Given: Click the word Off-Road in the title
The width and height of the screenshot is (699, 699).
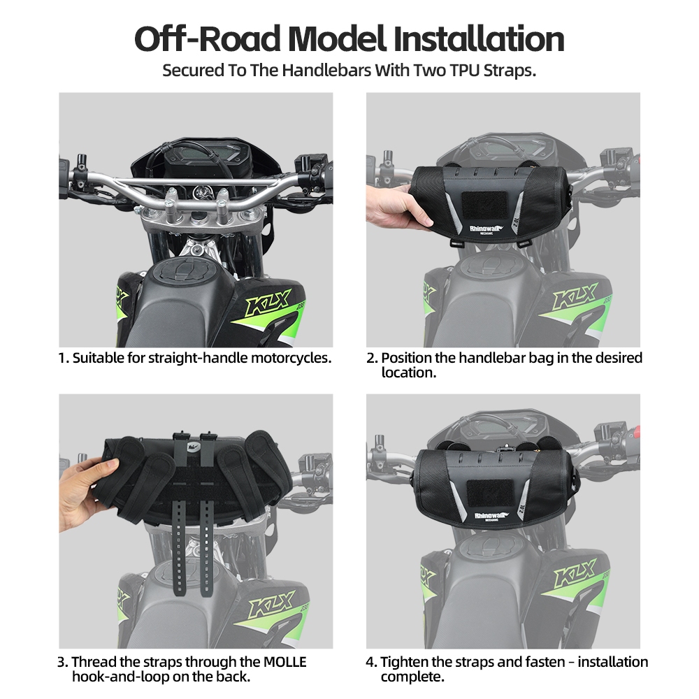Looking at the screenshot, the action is point(208,39).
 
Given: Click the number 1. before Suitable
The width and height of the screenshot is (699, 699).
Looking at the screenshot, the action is point(64,358).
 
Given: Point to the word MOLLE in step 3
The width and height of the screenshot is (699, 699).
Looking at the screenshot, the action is point(284,662).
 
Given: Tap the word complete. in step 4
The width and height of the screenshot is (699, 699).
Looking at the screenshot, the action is point(412,677).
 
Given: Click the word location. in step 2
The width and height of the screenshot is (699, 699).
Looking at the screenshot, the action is point(409,373).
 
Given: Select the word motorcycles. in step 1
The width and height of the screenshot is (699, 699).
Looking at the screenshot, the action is point(291,359).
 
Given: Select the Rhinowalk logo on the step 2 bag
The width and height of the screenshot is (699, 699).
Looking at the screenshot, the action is point(486,229).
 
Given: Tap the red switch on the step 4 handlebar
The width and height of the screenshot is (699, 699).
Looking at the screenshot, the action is point(636,431).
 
